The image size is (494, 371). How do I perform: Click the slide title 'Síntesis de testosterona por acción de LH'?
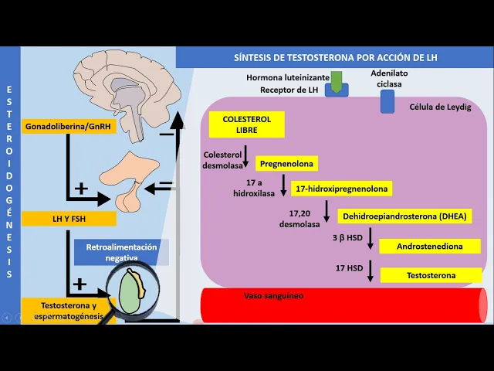(334, 58)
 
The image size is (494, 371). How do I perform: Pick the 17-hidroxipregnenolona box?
(342, 189)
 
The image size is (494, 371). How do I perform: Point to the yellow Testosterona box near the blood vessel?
(432, 275)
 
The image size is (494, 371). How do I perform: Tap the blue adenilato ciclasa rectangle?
(387, 101)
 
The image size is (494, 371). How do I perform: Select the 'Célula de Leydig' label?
(440, 107)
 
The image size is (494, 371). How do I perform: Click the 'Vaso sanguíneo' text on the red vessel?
(273, 296)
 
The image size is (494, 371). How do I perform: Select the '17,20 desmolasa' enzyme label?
(299, 218)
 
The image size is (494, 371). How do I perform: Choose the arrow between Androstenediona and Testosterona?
(371, 271)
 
